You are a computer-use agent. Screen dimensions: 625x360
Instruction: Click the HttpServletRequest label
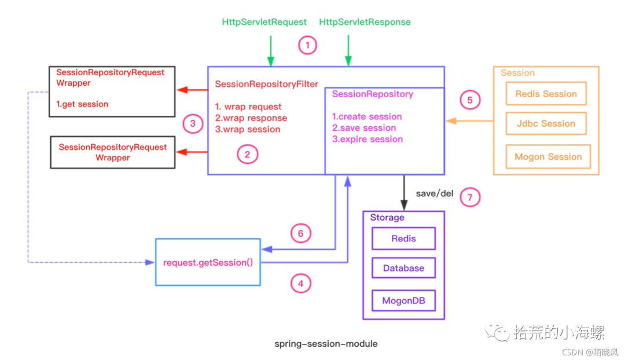click(264, 22)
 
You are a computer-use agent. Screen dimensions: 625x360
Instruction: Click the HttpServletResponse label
click(365, 22)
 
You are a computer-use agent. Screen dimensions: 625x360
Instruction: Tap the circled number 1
click(307, 45)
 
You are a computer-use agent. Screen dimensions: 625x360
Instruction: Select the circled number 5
click(469, 100)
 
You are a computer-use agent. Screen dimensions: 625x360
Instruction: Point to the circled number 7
click(469, 197)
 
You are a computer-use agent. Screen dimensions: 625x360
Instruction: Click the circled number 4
click(300, 284)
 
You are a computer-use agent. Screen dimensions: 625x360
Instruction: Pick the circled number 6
click(300, 233)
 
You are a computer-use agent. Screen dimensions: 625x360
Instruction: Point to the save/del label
click(435, 193)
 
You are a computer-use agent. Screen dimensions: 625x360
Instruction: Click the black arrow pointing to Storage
click(404, 193)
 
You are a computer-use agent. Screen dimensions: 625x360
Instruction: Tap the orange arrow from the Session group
click(469, 121)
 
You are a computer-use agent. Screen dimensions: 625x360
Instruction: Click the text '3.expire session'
click(367, 139)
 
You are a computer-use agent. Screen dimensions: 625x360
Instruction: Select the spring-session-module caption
click(326, 344)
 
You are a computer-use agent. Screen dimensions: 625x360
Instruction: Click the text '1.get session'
click(82, 104)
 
